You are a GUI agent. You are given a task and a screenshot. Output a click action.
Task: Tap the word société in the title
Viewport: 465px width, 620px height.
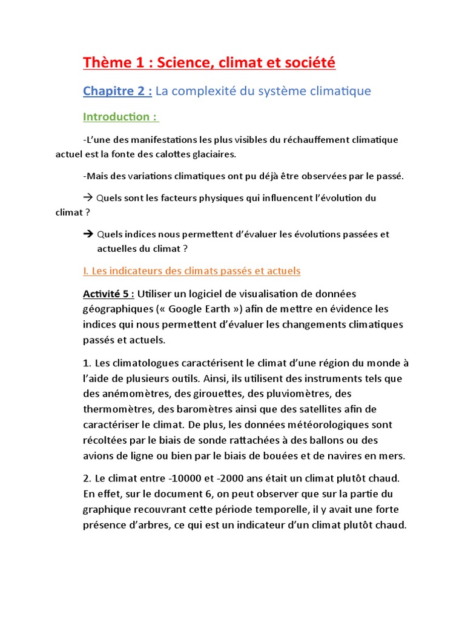point(306,62)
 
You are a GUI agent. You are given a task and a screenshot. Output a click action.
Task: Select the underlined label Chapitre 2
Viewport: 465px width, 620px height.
point(117,91)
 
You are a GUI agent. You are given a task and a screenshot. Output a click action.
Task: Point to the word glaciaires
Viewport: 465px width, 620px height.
point(213,154)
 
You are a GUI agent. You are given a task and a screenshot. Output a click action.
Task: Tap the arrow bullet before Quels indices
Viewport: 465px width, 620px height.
point(88,234)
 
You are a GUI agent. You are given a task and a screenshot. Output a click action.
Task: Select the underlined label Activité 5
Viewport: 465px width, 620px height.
point(108,294)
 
